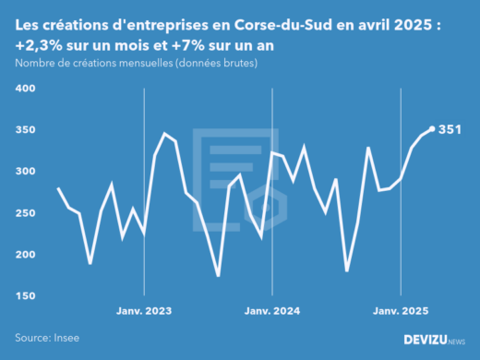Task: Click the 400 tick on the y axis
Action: pyautogui.click(x=24, y=89)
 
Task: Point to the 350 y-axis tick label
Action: pyautogui.click(x=24, y=130)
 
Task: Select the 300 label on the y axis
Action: pyautogui.click(x=24, y=172)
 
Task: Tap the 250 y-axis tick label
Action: pyautogui.click(x=24, y=213)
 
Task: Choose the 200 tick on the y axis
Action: pyautogui.click(x=24, y=255)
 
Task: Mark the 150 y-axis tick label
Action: pyautogui.click(x=24, y=296)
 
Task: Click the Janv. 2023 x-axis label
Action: pyautogui.click(x=144, y=310)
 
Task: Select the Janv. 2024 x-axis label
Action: pyautogui.click(x=271, y=310)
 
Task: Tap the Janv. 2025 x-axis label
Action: pyautogui.click(x=400, y=310)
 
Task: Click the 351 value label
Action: pyautogui.click(x=450, y=129)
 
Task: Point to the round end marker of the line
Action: pyautogui.click(x=432, y=129)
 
